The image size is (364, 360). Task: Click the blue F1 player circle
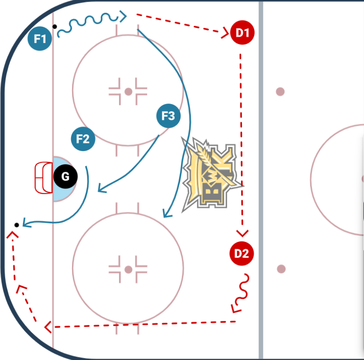pos(40,39)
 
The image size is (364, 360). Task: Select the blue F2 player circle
pos(83,139)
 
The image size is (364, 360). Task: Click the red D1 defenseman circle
pos(242,32)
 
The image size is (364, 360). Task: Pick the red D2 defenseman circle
pos(242,253)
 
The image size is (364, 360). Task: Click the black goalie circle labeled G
pos(65,176)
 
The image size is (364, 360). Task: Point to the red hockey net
pos(43,177)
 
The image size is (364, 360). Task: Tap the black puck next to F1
pos(54,26)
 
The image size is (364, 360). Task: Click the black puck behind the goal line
pos(17,225)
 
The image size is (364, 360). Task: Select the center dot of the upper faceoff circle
pos(128,92)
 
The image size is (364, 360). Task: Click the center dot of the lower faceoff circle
pos(128,269)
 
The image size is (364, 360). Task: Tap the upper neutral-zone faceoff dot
pos(280,92)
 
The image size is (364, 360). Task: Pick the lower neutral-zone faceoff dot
pos(281,269)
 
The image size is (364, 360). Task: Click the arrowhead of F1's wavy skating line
pos(124,17)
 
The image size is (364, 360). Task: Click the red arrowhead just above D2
pos(242,233)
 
